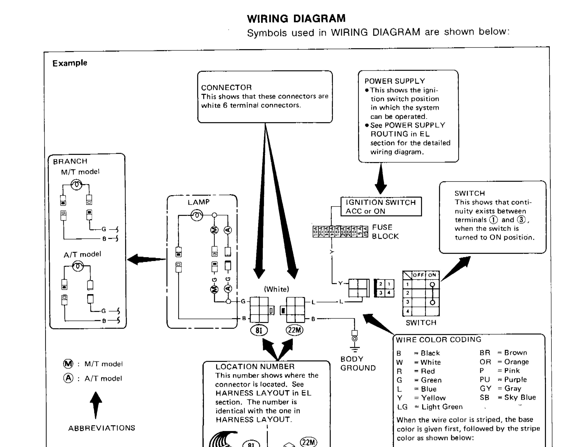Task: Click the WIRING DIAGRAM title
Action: pos(296,19)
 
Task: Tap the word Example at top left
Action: pos(70,63)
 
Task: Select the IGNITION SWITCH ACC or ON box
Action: pos(381,207)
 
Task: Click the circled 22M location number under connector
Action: pos(294,330)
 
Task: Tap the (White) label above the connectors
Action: pos(277,289)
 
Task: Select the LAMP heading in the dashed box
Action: pos(199,202)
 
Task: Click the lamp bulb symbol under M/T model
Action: pos(76,185)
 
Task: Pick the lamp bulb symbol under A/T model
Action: pos(78,266)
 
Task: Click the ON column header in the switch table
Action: pos(432,275)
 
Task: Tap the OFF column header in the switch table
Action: pos(418,275)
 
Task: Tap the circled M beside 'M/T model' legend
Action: pos(68,364)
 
